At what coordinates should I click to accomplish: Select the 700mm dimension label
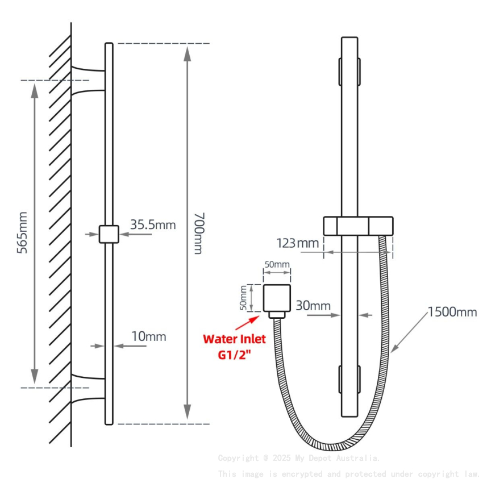pos(197,233)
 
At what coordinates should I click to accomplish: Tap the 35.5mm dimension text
pos(153,224)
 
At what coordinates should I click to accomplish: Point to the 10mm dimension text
pos(148,336)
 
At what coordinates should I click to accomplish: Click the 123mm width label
pos(298,243)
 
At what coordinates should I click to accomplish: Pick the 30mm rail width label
pos(313,306)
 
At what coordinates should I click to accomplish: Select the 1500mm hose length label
pos(452,311)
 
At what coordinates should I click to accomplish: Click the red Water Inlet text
pos(234,339)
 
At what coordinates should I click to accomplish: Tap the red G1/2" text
pos(234,354)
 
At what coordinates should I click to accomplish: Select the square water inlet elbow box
pos(277,298)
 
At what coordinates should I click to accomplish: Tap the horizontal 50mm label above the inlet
pos(277,265)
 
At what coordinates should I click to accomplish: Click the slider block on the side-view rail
pos(109,234)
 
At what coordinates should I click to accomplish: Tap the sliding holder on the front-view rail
pos(358,226)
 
